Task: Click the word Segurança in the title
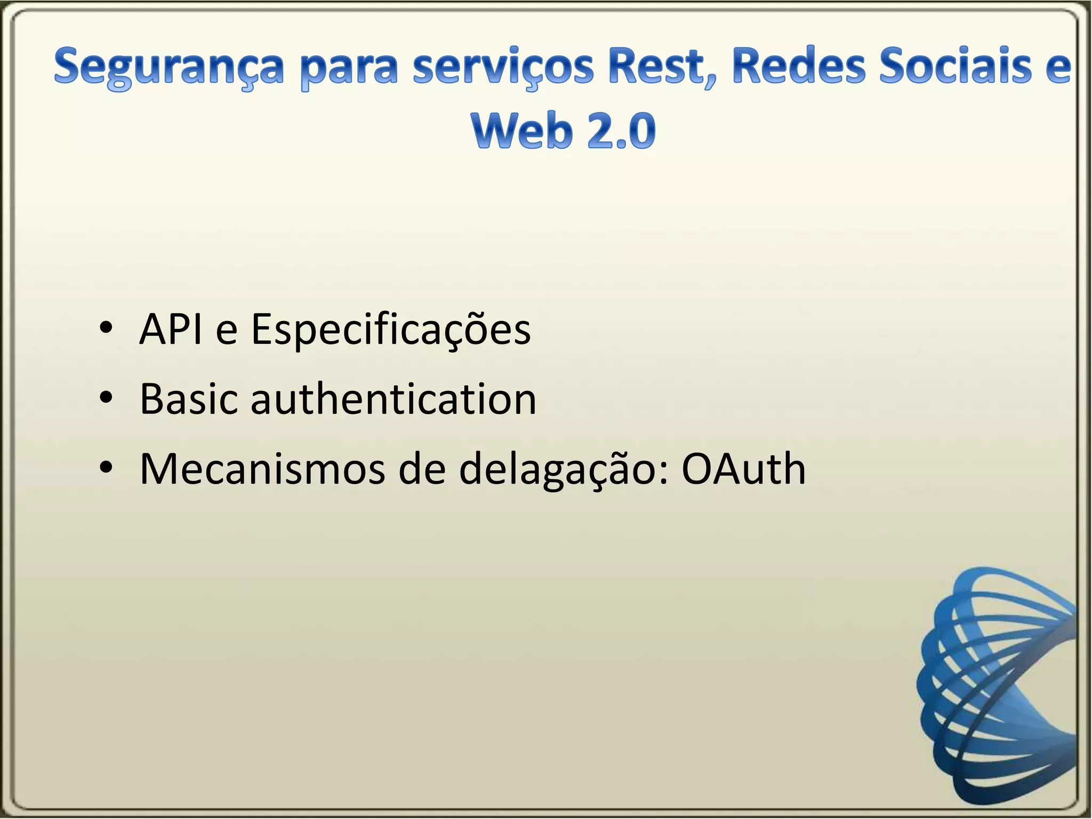pyautogui.click(x=167, y=68)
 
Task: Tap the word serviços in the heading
pyautogui.click(x=503, y=68)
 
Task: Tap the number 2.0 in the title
pyautogui.click(x=621, y=131)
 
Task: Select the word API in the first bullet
pyautogui.click(x=171, y=330)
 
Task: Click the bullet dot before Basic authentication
pyautogui.click(x=106, y=397)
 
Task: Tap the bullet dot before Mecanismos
pyautogui.click(x=106, y=467)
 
